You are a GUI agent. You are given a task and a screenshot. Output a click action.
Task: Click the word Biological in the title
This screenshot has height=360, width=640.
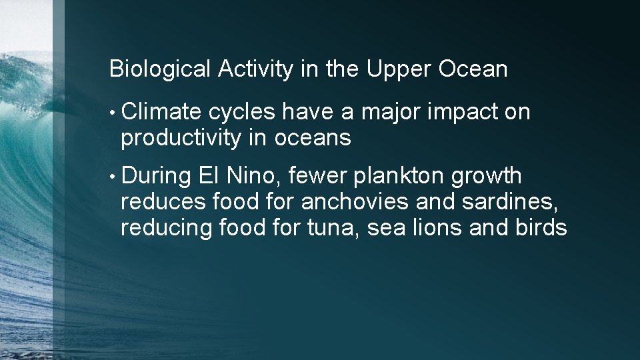point(160,69)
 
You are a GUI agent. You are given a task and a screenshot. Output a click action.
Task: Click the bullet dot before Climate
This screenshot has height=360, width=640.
point(113,113)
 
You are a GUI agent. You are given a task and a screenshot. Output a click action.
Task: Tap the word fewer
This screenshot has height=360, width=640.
point(319,177)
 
